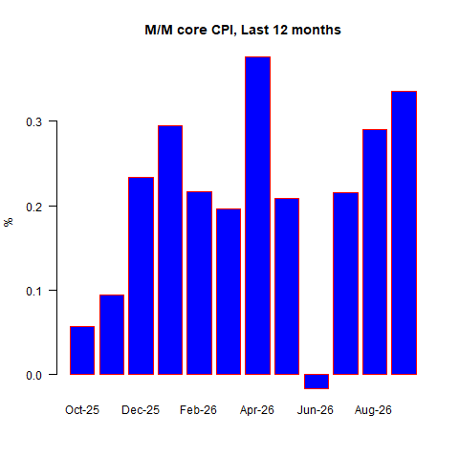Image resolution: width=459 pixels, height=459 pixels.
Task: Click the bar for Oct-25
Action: (82, 350)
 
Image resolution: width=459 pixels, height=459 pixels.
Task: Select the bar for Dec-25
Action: (141, 275)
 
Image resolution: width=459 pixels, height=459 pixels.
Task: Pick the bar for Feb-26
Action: (199, 283)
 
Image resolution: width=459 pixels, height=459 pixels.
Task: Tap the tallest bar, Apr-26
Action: (257, 215)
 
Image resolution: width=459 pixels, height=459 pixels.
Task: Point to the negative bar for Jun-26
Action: (317, 382)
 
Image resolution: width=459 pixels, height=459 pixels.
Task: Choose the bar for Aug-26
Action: (375, 251)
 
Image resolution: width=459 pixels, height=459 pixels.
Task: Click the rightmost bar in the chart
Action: (404, 232)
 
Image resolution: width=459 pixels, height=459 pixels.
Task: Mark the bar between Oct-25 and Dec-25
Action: (112, 335)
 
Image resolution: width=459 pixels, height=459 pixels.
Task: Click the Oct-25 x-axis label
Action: (82, 410)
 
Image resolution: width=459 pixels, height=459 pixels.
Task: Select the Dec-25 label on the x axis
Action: (141, 410)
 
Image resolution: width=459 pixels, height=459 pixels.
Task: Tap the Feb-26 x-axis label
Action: (198, 410)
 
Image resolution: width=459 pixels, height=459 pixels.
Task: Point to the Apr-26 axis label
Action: (257, 410)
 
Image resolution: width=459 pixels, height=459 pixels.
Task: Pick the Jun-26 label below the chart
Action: (316, 410)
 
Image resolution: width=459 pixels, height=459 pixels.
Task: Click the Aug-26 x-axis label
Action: (373, 410)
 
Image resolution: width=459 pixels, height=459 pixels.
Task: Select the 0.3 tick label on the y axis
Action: (34, 121)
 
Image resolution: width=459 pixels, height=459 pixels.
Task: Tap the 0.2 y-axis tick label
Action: (34, 207)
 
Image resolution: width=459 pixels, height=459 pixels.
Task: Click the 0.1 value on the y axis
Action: (34, 291)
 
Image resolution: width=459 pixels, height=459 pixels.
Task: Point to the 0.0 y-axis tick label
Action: (34, 376)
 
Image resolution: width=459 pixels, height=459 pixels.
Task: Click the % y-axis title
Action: (9, 222)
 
